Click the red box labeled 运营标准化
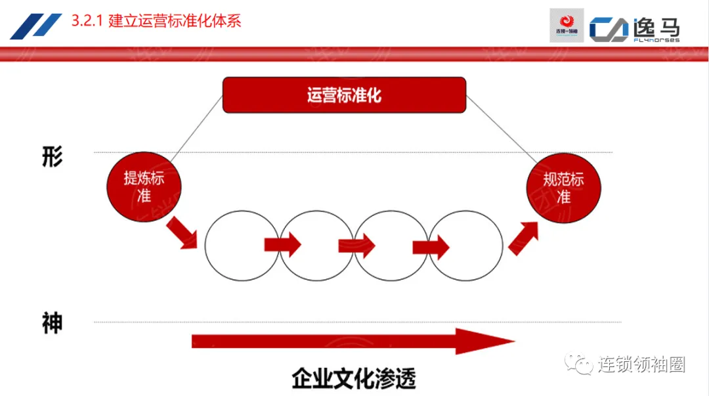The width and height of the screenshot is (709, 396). (344, 95)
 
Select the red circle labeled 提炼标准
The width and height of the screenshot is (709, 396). (143, 187)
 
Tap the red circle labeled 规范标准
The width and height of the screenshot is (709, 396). (563, 188)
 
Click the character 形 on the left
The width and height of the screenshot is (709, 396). (52, 158)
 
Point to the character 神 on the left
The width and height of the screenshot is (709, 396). (52, 323)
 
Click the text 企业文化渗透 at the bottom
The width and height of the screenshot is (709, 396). (354, 379)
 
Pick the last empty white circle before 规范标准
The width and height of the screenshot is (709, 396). (465, 246)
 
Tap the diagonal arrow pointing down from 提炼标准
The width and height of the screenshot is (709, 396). (181, 233)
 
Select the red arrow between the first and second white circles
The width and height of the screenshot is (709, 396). (283, 246)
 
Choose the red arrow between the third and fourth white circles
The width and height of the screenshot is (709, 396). (431, 247)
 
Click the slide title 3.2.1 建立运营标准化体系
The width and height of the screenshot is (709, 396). (156, 21)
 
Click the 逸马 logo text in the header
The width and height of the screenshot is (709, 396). (656, 28)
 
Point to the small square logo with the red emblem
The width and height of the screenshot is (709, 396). (566, 26)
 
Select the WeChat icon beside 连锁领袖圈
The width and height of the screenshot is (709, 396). (580, 364)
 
